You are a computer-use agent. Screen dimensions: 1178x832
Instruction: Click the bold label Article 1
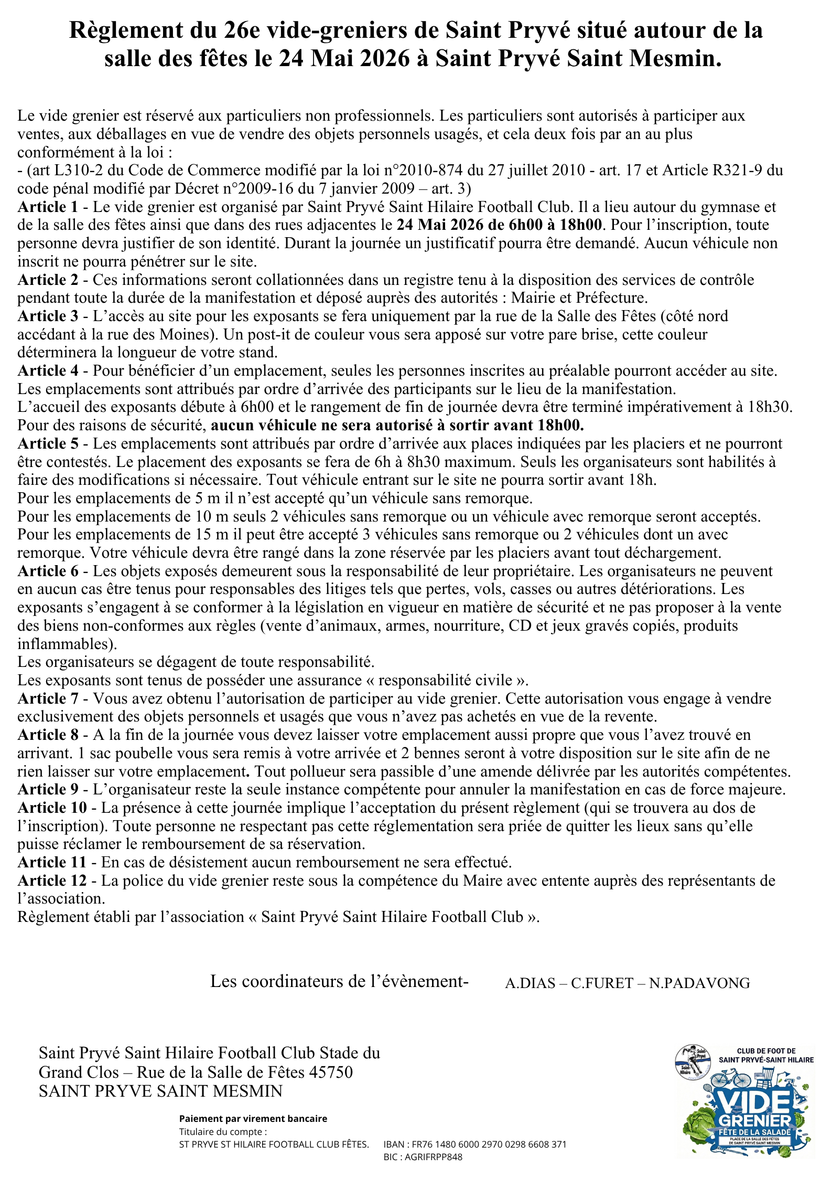(x=48, y=207)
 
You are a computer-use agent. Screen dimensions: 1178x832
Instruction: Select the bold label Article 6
(x=48, y=571)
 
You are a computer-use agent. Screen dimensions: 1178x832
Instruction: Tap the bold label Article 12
(x=52, y=880)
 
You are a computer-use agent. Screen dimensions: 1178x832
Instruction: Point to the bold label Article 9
(x=48, y=789)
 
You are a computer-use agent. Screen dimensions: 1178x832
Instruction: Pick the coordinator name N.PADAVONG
(x=699, y=983)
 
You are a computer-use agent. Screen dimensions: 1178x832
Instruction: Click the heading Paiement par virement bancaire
(x=253, y=1118)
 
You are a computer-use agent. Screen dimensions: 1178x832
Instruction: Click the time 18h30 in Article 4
(x=770, y=407)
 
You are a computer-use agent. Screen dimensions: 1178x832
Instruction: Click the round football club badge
(x=691, y=1062)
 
